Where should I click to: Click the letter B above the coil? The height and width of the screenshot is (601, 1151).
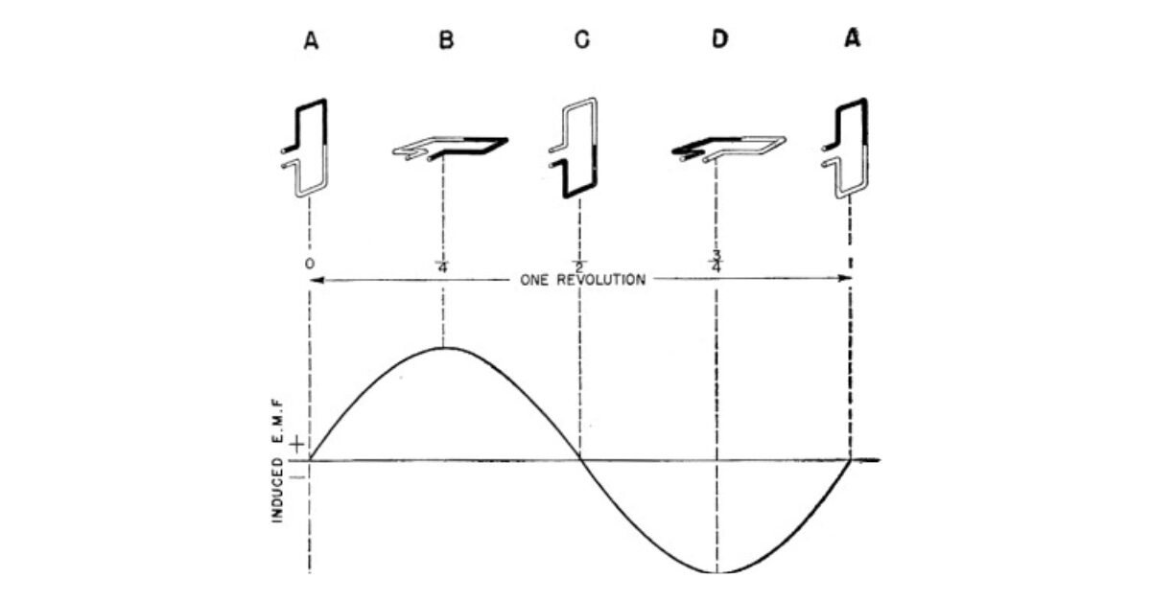point(445,41)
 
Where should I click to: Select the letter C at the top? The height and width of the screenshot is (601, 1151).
point(581,41)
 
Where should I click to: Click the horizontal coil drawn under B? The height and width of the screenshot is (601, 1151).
point(450,147)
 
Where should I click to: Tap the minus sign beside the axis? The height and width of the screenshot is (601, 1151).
point(296,475)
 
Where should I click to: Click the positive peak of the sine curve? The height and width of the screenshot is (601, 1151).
point(443,347)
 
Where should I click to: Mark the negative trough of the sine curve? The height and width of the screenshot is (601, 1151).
point(717,572)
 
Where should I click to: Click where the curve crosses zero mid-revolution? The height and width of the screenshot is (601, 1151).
point(580,460)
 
